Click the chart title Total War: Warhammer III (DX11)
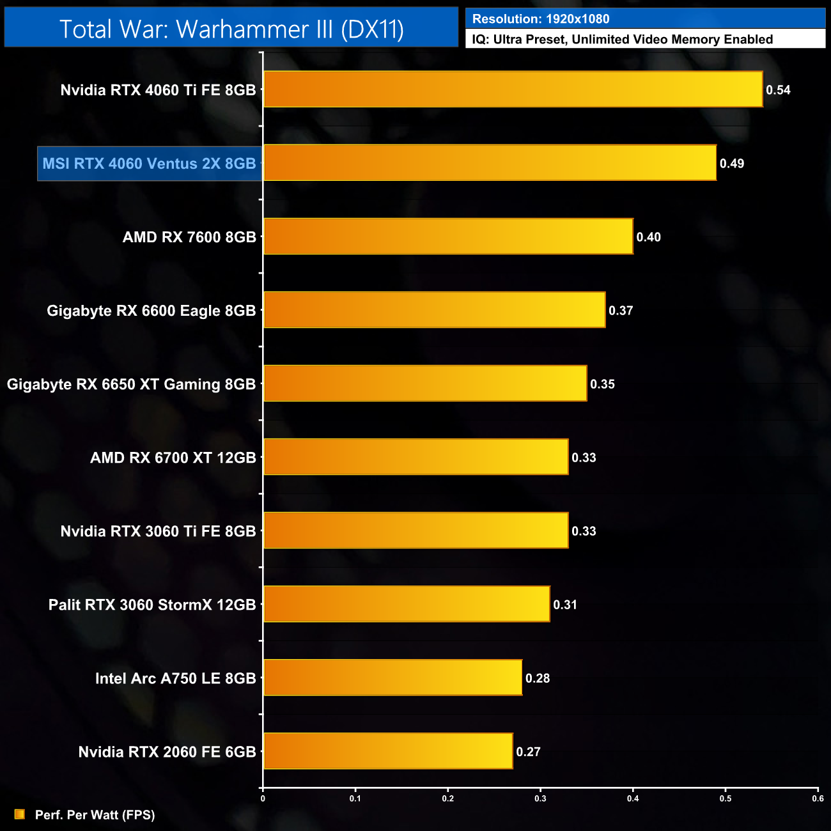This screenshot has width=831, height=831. [231, 29]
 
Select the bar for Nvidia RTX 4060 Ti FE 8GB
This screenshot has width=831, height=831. [513, 89]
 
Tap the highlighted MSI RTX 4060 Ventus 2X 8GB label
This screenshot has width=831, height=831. [150, 164]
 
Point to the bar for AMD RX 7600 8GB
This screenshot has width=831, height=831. [448, 237]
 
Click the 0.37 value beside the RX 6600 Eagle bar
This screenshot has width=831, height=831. [621, 311]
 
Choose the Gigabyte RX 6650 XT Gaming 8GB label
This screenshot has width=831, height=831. [131, 384]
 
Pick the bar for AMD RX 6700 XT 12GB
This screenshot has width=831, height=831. [415, 457]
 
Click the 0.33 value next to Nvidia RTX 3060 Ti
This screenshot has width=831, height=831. [584, 531]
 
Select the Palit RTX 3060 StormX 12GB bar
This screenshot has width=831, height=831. [407, 604]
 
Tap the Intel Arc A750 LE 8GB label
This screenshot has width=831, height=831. [175, 678]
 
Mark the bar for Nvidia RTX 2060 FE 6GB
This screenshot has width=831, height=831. [388, 751]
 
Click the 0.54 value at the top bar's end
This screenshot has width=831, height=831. [778, 90]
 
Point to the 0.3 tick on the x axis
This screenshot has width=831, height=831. [541, 798]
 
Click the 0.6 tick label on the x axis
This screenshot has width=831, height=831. [818, 798]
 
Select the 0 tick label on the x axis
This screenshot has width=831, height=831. [263, 798]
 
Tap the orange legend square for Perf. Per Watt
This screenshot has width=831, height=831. [20, 814]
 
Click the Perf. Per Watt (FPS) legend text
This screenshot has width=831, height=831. [95, 815]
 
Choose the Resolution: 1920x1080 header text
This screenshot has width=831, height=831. [541, 19]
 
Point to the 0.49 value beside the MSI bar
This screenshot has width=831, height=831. [732, 164]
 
